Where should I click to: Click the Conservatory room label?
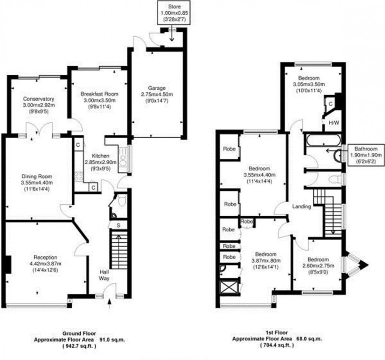pos(38,99)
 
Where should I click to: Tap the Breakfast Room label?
pos(99,94)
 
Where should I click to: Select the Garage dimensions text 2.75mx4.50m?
pos(157,94)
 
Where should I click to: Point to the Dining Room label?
pos(37,176)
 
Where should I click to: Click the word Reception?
pos(45,257)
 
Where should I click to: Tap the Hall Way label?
pos(104,275)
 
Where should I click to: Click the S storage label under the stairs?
pos(119,225)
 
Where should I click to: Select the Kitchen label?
pos(101,156)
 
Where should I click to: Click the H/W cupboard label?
pos(334,123)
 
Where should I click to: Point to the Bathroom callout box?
pos(366,155)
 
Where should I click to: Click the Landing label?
pos(302,207)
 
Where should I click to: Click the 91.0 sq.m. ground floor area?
pos(112,340)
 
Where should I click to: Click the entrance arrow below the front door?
pos(109,303)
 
